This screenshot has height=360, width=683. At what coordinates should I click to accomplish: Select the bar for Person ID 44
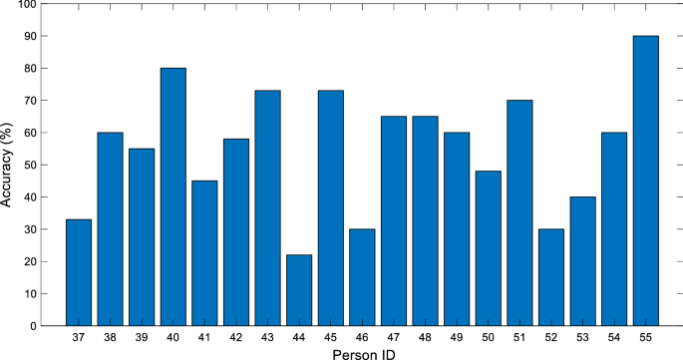(299, 290)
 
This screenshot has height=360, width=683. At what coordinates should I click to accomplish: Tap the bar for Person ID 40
(172, 196)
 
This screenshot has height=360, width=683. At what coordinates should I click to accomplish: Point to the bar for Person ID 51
(519, 212)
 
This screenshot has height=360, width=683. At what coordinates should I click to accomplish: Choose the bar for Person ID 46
(362, 277)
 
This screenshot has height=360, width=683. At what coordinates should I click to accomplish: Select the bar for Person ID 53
(582, 261)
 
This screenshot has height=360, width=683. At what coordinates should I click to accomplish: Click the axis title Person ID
(362, 353)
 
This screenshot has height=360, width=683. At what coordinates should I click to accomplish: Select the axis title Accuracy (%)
(8, 165)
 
